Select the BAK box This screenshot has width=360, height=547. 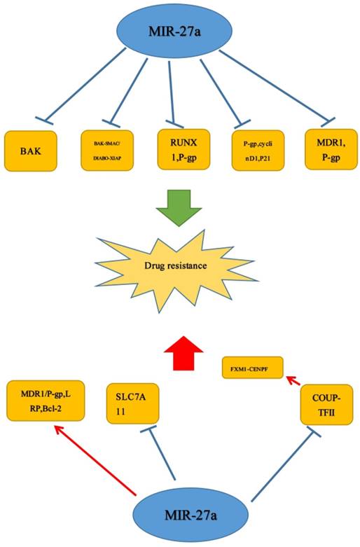[x=32, y=150]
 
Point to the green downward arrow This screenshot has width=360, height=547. [x=179, y=209]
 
